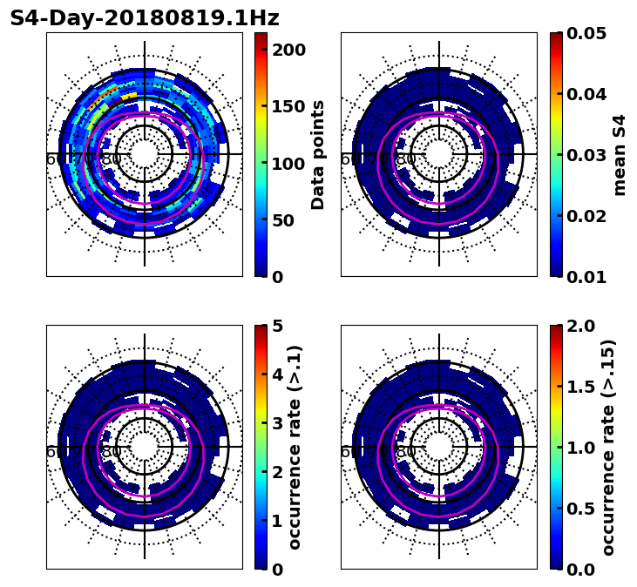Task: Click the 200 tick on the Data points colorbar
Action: click(x=289, y=50)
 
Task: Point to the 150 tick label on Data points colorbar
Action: click(x=289, y=106)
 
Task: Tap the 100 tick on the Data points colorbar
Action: click(x=289, y=163)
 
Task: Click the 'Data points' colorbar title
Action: click(x=318, y=154)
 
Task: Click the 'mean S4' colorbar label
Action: click(x=620, y=154)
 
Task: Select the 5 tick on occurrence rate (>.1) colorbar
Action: click(x=278, y=326)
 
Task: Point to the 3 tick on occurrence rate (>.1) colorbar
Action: click(x=278, y=423)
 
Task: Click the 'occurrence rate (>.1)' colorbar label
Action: click(x=295, y=447)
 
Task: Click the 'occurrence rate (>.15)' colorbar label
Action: click(x=608, y=447)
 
